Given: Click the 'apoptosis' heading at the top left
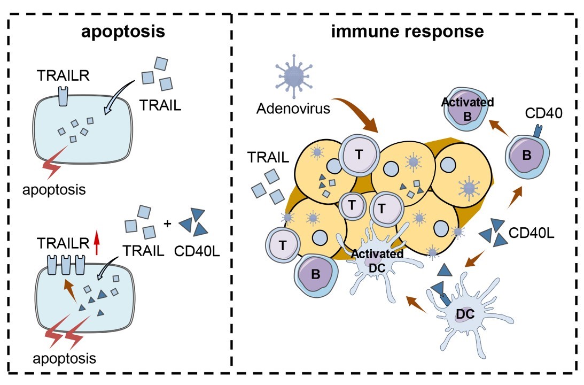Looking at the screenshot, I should click(x=123, y=32).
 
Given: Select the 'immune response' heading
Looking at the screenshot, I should click(x=408, y=32).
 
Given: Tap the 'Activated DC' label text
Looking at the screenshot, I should click(x=377, y=258).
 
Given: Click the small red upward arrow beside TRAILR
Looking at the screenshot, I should click(x=97, y=242).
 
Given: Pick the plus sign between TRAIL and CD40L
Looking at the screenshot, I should click(x=167, y=224).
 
